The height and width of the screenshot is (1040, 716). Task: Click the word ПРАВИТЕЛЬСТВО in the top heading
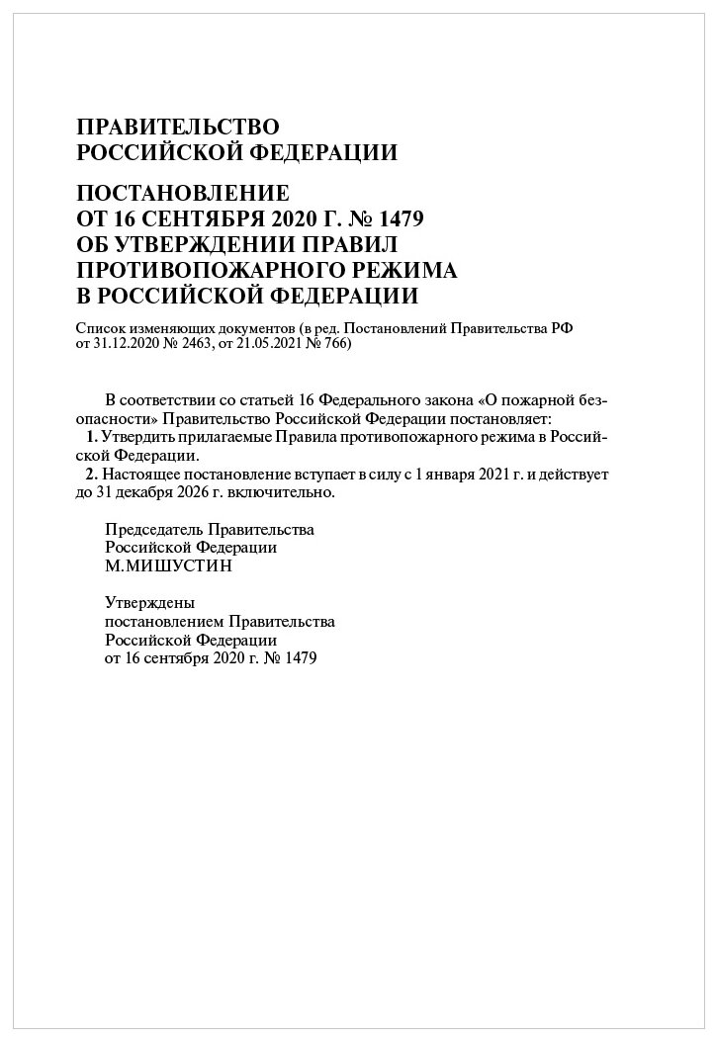(178, 127)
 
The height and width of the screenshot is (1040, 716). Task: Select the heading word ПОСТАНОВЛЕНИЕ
(182, 192)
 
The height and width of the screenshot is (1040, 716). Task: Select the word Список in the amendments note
(98, 329)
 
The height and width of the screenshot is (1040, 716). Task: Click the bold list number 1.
(92, 437)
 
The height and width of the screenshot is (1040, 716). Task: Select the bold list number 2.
(92, 475)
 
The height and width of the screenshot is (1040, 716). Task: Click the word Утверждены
(149, 603)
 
